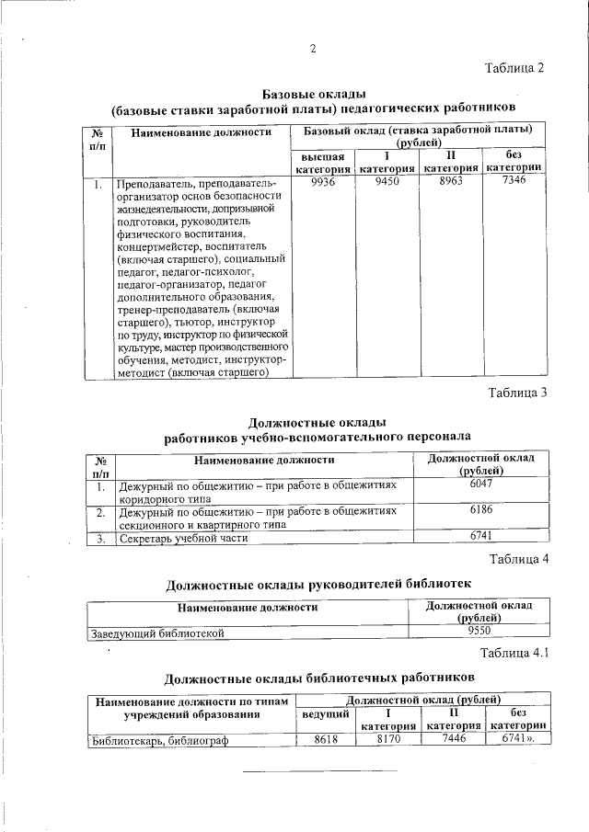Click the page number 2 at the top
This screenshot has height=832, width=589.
point(313,49)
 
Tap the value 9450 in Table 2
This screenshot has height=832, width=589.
point(387,182)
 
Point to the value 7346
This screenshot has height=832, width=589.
point(514,182)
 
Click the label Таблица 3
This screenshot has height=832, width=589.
point(518,393)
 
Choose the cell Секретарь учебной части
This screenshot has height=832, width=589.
point(183,539)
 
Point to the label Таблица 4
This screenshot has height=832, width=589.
point(518,560)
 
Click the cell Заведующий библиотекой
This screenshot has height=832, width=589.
point(156,633)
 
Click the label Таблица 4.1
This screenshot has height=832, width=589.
point(514,655)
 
